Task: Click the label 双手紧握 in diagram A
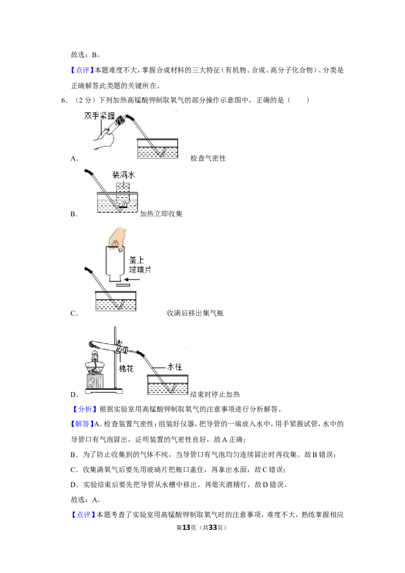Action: coord(99,116)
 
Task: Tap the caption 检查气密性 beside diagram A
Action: coord(208,158)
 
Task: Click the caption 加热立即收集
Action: coord(161,214)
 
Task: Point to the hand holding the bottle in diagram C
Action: coord(117,239)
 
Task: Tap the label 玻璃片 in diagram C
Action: coord(140,270)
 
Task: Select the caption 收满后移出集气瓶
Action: coord(195,313)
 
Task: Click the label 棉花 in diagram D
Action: coord(127,369)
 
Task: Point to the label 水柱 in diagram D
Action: coord(174,367)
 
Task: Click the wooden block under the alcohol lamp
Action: coord(95,381)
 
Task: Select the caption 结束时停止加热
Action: coord(215,394)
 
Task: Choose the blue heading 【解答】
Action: coord(82,424)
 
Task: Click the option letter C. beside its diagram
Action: coord(74,313)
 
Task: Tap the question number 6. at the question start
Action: coord(64,100)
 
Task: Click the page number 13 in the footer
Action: coord(186,527)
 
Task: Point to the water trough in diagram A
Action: coord(157,148)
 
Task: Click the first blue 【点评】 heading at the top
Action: coord(82,70)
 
